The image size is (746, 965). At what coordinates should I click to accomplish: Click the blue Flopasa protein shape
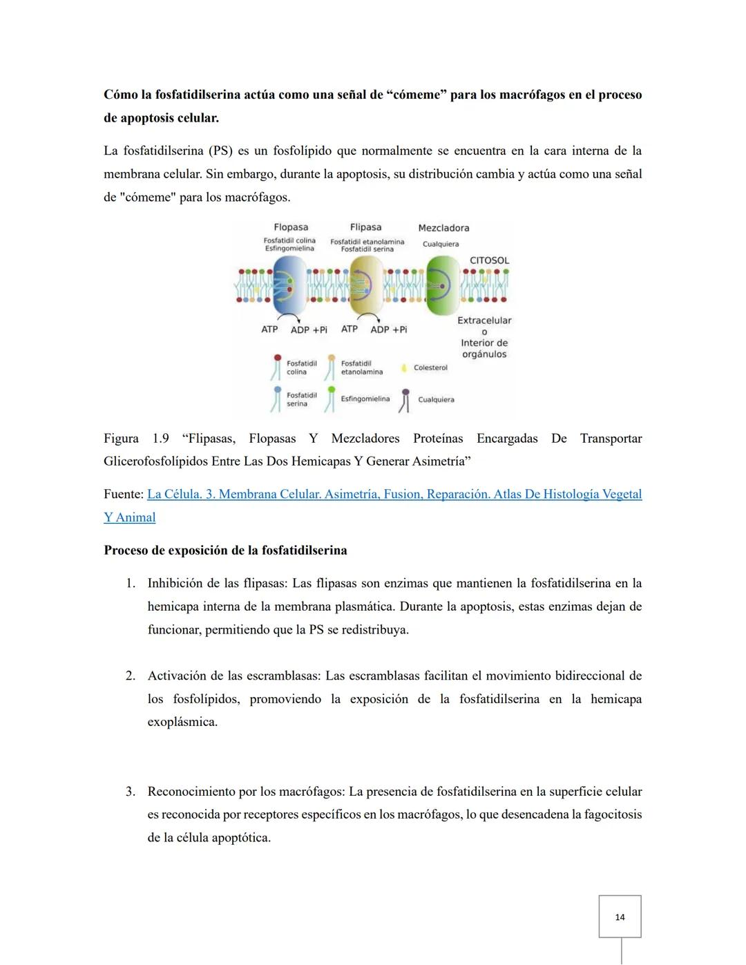click(289, 285)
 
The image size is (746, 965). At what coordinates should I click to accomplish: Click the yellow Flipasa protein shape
click(366, 285)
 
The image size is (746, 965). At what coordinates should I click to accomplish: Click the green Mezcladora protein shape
click(442, 285)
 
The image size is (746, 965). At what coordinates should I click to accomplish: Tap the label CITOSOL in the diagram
click(489, 260)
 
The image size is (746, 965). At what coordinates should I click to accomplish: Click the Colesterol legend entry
click(430, 367)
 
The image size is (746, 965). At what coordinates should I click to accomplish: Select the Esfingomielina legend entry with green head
click(364, 399)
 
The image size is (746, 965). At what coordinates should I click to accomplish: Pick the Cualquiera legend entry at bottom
click(435, 399)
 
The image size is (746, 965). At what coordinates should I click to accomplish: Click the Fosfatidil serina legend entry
click(301, 399)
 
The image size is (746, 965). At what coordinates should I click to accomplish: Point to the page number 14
click(620, 917)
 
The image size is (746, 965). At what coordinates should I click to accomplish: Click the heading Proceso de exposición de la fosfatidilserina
click(225, 551)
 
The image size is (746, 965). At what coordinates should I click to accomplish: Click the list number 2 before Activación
click(130, 676)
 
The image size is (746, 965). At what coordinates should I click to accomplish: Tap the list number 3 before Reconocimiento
click(130, 792)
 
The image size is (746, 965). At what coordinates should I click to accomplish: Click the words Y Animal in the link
click(129, 517)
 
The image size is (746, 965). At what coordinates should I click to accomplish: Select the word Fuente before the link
click(122, 495)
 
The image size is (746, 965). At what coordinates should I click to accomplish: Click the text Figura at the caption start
click(121, 439)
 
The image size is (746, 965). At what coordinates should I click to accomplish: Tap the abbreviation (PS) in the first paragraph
click(220, 151)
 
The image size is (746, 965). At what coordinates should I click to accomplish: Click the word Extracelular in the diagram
click(484, 321)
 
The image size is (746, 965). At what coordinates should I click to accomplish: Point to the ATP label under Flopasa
click(269, 329)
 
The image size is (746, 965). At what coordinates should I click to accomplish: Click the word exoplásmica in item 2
click(182, 723)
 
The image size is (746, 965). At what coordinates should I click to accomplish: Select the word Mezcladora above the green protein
click(443, 228)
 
